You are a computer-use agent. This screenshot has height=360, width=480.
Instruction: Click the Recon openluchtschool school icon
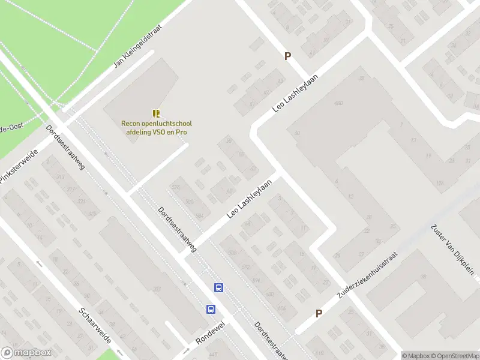click(x=156, y=113)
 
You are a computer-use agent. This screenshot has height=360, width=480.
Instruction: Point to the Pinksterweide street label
click(x=19, y=170)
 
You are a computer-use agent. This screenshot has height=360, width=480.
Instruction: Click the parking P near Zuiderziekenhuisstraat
click(x=319, y=313)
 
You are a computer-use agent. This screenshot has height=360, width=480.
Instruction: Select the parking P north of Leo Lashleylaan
click(x=287, y=56)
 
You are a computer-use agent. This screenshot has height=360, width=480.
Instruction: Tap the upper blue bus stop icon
click(x=219, y=287)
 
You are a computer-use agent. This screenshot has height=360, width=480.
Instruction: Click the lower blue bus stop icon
click(x=211, y=309)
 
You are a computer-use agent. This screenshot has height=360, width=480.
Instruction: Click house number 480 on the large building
click(x=338, y=103)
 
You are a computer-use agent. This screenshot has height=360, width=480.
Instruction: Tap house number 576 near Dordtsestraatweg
click(x=175, y=187)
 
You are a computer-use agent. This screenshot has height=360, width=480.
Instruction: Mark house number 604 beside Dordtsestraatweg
click(x=282, y=309)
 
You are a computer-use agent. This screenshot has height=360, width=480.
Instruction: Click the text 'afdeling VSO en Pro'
click(x=156, y=132)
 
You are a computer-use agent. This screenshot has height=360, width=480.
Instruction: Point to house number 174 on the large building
click(x=440, y=183)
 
